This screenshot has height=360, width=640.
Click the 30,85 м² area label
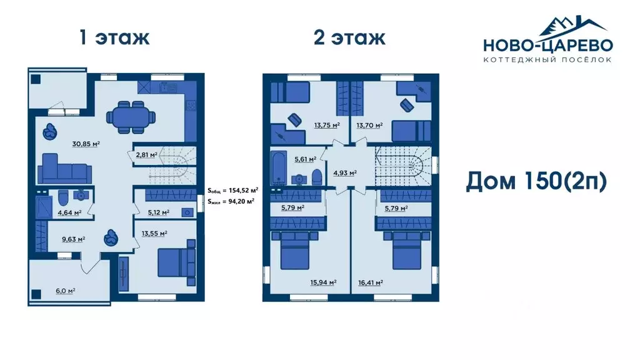86,144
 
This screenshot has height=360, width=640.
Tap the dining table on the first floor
131,117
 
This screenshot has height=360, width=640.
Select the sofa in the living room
64,169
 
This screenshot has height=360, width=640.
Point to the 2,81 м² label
146,155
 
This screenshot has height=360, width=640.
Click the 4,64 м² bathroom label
69,212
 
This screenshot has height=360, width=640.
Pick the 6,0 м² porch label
65,291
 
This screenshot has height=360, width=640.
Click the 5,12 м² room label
158,212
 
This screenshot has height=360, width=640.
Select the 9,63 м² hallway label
74,239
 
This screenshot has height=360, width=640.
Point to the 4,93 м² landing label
345,172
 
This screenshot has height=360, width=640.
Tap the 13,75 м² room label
327,125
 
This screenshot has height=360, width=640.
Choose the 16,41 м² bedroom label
369,282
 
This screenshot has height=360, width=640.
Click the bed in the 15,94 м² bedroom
295,250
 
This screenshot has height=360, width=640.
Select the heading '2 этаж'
349,37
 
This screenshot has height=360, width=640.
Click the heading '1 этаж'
115,37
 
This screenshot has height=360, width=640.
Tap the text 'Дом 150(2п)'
536,182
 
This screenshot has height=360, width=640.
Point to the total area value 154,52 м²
241,190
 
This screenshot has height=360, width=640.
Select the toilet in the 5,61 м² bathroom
317,177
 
